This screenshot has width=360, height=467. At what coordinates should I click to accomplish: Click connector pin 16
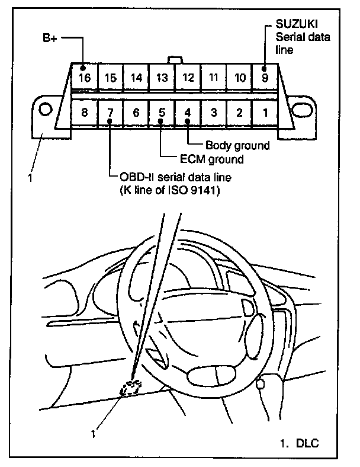pos(85,76)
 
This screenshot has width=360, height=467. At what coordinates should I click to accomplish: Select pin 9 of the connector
pos(264,76)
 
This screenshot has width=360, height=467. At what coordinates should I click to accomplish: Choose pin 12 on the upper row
pos(187,77)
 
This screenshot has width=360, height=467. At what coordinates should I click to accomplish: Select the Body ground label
pos(237,145)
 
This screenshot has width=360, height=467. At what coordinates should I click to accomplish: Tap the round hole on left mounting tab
pos(45,110)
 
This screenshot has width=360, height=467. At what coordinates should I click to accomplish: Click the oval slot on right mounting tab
pos(301,111)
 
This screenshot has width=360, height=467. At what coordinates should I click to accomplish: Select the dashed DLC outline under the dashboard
pos(131,388)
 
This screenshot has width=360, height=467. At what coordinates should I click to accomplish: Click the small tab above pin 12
pos(174,60)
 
